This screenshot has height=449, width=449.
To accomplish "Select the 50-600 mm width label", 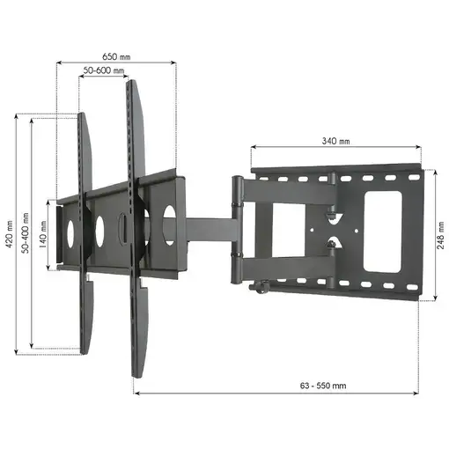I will coord(104,70).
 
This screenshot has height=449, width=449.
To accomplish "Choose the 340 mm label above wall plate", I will coord(335,141).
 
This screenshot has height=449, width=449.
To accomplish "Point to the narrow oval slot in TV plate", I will coord(123,225).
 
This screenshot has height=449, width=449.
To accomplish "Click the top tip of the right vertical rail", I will coord(133,84).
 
